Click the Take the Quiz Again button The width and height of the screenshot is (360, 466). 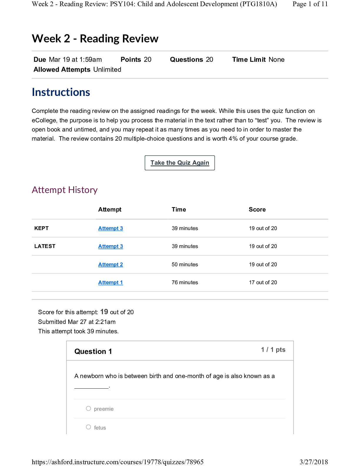180,163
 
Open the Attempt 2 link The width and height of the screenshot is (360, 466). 111,264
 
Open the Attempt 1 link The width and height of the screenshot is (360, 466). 111,282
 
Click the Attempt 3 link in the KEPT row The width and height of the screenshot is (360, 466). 111,228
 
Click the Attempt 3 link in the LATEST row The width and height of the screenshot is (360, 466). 111,246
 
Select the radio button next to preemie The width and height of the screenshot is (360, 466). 89,408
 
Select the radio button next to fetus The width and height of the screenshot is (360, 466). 89,427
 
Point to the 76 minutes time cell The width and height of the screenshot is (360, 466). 185,282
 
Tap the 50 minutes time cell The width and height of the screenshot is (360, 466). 185,264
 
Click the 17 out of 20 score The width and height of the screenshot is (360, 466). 263,282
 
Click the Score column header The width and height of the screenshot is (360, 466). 257,209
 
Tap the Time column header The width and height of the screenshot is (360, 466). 179,209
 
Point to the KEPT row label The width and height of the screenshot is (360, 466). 41,228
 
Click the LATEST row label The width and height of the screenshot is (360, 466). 45,246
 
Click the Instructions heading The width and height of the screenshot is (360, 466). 61,92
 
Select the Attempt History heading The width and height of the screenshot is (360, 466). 65,190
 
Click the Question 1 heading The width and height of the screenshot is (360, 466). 93,352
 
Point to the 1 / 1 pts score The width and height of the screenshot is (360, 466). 273,349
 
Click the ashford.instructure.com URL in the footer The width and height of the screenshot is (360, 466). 118,462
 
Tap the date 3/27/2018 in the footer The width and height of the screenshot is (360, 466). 314,462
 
